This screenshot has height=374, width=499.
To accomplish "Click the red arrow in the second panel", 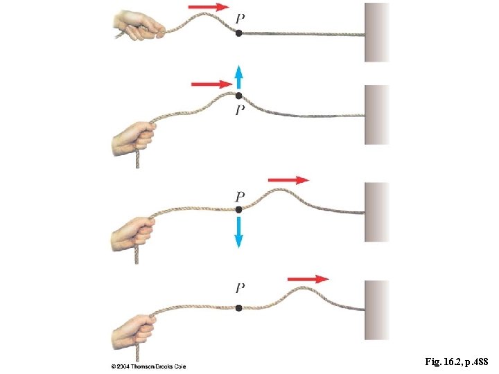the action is pyautogui.click(x=212, y=84).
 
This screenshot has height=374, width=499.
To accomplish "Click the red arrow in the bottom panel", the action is pyautogui.click(x=308, y=279).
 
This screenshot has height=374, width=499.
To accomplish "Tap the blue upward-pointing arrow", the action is pyautogui.click(x=238, y=76).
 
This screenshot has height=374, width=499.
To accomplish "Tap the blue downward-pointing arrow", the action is pyautogui.click(x=238, y=231).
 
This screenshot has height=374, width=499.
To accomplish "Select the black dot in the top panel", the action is pyautogui.click(x=238, y=33).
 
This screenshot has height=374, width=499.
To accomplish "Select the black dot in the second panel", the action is pyautogui.click(x=238, y=96).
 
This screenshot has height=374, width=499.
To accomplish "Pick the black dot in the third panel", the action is pyautogui.click(x=238, y=209).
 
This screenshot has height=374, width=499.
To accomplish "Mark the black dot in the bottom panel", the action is pyautogui.click(x=238, y=308).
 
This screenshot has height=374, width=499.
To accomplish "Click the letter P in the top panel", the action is pyautogui.click(x=240, y=17).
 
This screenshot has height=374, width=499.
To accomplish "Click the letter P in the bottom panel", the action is pyautogui.click(x=240, y=287).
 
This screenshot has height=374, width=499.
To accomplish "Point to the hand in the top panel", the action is pyautogui.click(x=137, y=26).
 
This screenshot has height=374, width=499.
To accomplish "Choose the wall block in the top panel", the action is pyautogui.click(x=377, y=33).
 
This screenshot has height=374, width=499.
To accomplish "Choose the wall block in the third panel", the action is pyautogui.click(x=377, y=211).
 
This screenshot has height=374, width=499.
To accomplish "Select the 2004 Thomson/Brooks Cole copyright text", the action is pyautogui.click(x=148, y=366).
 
